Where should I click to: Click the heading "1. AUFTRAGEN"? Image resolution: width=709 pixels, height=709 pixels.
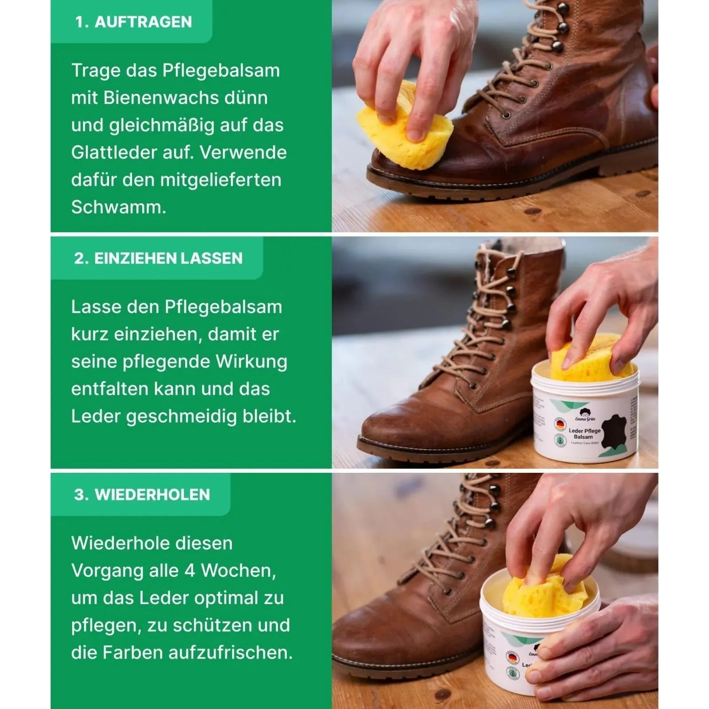[x=133, y=22]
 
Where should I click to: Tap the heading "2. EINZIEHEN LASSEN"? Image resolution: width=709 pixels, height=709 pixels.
[x=158, y=258]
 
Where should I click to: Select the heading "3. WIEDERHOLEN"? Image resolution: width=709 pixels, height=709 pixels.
[x=142, y=495]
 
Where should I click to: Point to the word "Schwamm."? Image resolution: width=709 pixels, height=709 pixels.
[x=119, y=207]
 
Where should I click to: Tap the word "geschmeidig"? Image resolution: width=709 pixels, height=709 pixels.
[x=182, y=417]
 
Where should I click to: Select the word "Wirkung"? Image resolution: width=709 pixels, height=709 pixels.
[x=251, y=362]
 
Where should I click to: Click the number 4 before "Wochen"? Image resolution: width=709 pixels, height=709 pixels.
[x=190, y=571]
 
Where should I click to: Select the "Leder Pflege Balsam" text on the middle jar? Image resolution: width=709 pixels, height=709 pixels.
[x=584, y=433]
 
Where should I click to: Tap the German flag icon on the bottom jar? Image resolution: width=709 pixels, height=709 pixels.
[x=513, y=656]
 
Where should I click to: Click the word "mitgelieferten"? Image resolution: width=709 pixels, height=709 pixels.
[x=220, y=180]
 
